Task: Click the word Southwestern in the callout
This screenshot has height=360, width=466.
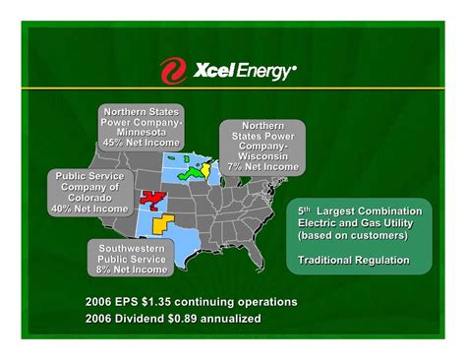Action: [131, 245]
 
